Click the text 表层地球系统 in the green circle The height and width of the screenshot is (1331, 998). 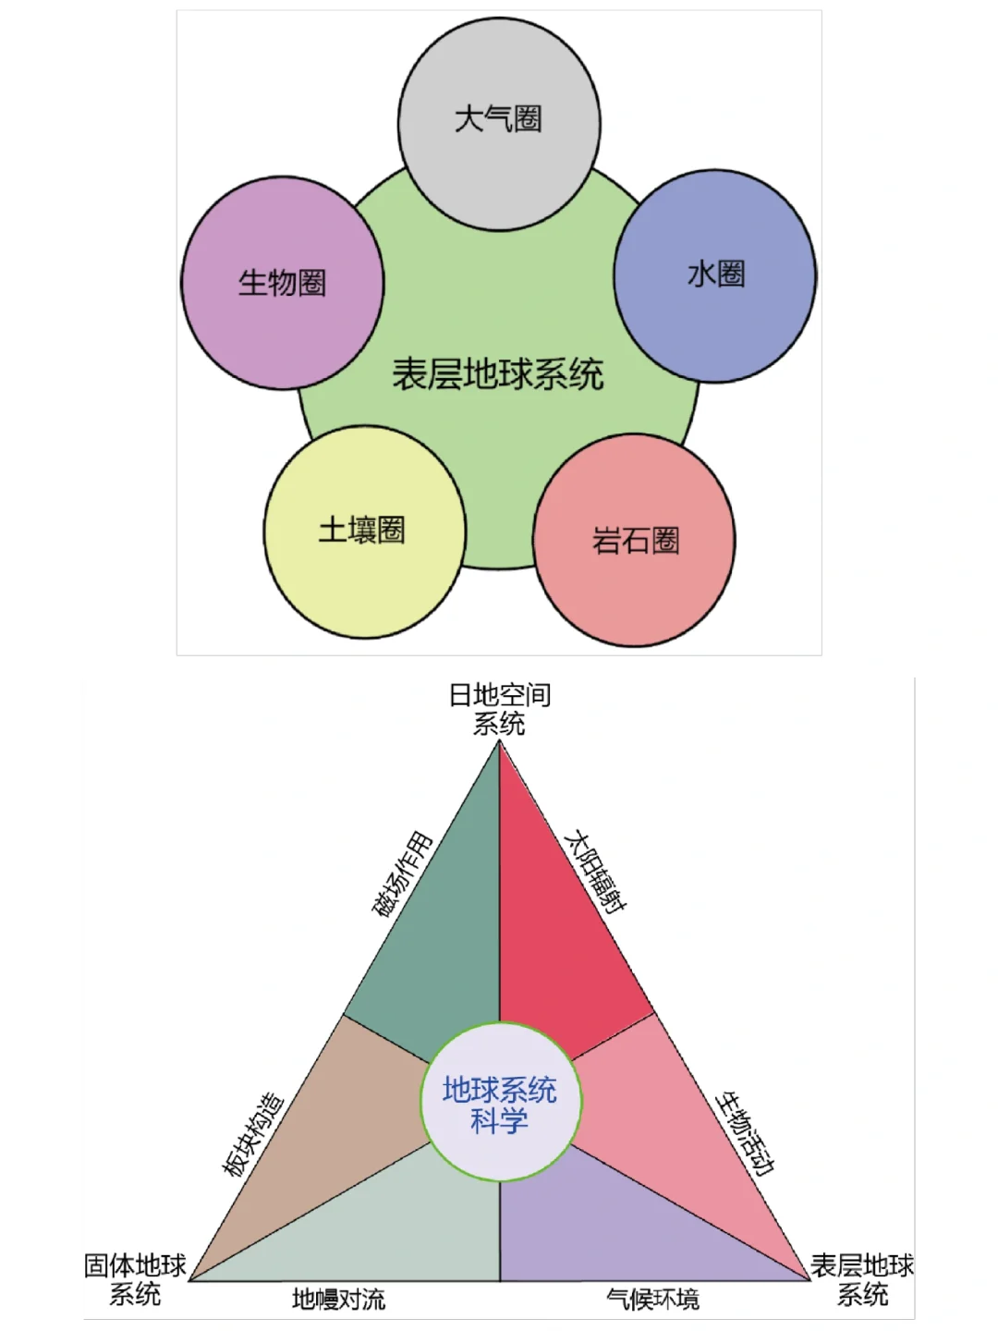(497, 374)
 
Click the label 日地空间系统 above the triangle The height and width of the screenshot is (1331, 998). (500, 709)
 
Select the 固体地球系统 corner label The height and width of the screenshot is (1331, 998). (135, 1279)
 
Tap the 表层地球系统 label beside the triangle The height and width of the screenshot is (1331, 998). (862, 1279)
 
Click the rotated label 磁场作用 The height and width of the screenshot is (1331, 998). (402, 874)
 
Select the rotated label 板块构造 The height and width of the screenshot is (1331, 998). (252, 1134)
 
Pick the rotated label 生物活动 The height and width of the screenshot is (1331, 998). (745, 1132)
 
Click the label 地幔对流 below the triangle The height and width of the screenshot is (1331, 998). (338, 1300)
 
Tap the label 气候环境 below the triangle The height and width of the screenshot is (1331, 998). (652, 1300)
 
